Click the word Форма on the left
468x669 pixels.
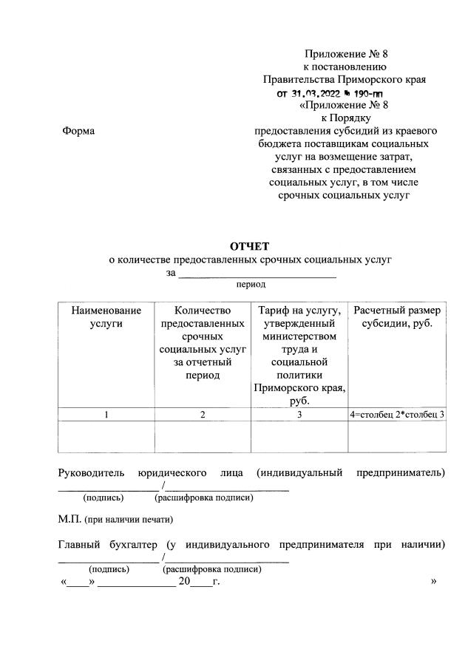point(79,131)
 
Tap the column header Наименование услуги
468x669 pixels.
point(106,316)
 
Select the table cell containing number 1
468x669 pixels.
point(106,415)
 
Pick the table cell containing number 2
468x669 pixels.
point(203,415)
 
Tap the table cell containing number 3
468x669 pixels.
point(299,415)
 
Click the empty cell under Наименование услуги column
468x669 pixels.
point(106,436)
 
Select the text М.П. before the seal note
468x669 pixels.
point(69,519)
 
